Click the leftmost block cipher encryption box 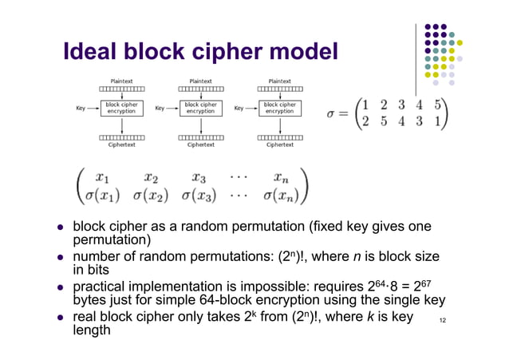(121, 108)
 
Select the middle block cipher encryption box (200, 108)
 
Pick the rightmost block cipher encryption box (279, 108)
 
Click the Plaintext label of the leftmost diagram (121, 81)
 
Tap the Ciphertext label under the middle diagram (200, 145)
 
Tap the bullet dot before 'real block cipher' (59, 317)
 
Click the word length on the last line (92, 329)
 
